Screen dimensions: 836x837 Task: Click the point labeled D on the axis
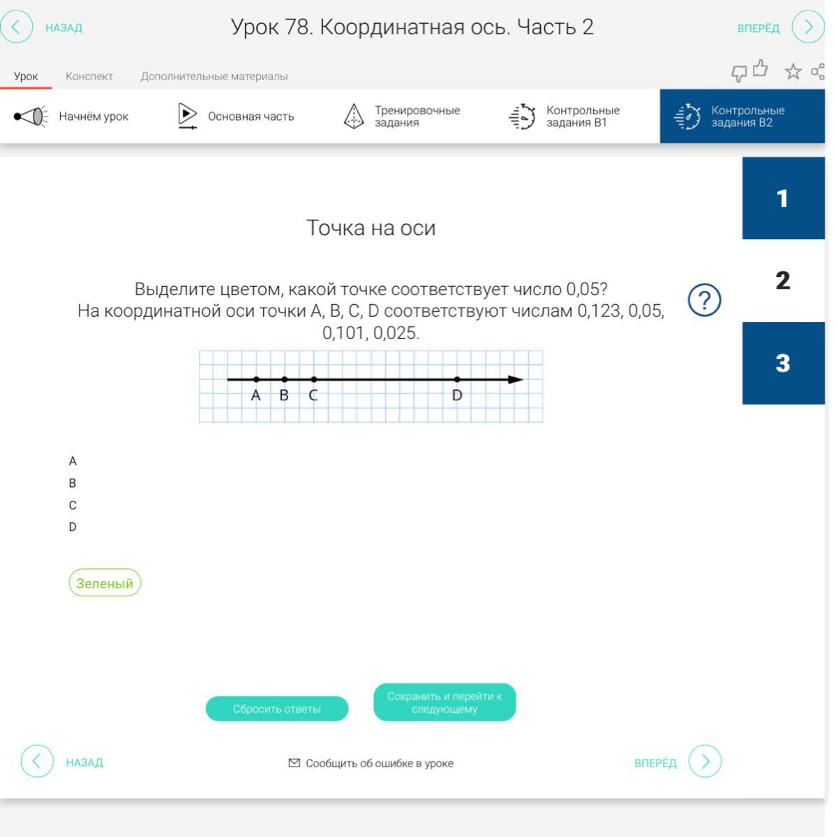coord(457,379)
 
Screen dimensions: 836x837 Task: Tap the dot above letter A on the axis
coord(256,379)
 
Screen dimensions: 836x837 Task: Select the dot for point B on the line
coord(284,379)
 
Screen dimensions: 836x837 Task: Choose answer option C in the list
coord(73,505)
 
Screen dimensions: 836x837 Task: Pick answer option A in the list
coord(73,461)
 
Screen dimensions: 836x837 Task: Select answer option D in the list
coord(73,527)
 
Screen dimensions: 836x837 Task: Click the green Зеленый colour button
coord(105,582)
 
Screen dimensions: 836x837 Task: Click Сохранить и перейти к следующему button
coord(445,702)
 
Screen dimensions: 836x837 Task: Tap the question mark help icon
coord(704,300)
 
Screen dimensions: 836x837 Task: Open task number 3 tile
coord(784,363)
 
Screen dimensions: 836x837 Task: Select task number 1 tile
coord(784,198)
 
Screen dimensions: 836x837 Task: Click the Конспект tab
coord(89,77)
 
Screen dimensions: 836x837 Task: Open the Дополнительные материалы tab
coord(214,77)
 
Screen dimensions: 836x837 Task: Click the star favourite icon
coord(793,72)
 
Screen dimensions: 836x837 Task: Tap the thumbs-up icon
coord(761,68)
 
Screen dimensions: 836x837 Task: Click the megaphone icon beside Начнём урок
coord(31,116)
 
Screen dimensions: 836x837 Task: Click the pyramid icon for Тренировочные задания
coord(354,116)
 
